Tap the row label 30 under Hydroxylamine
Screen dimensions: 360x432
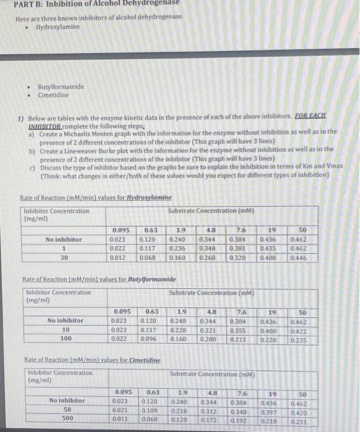(x=64, y=257)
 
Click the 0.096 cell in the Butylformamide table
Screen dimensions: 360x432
(x=149, y=338)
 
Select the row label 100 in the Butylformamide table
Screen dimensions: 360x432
(x=65, y=338)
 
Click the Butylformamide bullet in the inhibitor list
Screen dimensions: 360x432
(x=61, y=87)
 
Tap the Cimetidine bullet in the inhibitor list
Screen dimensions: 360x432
(x=53, y=95)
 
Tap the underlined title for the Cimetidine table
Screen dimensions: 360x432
(x=92, y=360)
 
